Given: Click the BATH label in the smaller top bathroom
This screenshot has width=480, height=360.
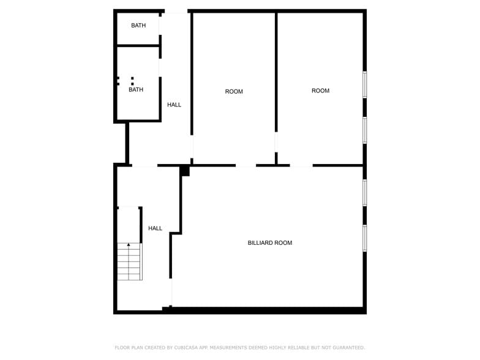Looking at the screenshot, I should (138, 26).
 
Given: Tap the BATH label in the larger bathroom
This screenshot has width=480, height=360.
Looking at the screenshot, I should (136, 90).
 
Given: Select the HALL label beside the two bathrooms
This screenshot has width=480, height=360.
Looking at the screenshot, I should (174, 105).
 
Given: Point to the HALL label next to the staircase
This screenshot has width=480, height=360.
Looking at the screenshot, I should (155, 228).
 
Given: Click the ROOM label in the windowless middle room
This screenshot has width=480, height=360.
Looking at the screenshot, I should (234, 92).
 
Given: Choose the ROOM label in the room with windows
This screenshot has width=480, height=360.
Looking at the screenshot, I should (320, 91).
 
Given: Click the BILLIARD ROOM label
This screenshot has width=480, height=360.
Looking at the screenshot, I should (269, 243).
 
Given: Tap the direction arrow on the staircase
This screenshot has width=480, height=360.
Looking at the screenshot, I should (129, 246).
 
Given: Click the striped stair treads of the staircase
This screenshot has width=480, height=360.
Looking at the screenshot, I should (129, 263).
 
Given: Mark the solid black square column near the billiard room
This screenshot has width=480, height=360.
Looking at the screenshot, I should (185, 171).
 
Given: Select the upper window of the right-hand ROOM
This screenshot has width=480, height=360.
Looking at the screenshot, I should (364, 84).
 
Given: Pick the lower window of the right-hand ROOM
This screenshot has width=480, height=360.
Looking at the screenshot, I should (364, 130).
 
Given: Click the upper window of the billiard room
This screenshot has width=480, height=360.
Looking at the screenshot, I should (364, 192).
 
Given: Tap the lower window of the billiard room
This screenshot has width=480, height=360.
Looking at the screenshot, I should (364, 238).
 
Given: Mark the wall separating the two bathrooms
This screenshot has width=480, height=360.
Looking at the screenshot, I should (138, 45).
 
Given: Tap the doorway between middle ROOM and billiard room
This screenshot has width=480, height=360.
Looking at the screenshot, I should (246, 165).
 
